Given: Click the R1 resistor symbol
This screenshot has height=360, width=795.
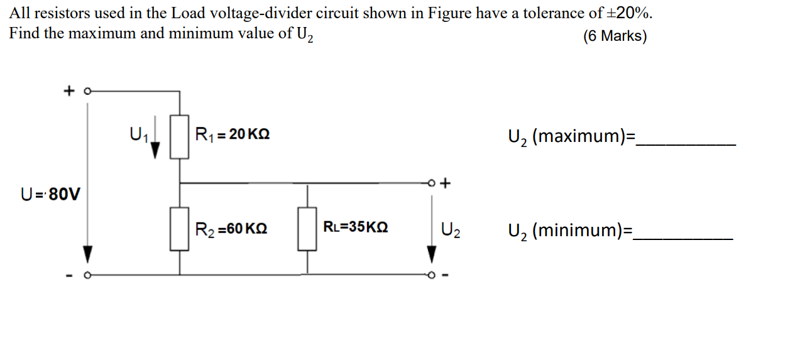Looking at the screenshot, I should click(180, 135).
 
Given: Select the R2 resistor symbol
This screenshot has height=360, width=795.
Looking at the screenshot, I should click(180, 229).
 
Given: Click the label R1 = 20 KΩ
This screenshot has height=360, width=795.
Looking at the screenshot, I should click(233, 134).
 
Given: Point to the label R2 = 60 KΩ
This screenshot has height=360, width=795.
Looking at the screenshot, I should click(231, 229).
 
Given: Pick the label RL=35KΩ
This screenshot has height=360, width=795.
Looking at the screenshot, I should click(355, 227).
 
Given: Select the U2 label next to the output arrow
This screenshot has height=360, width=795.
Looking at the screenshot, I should click(451, 231).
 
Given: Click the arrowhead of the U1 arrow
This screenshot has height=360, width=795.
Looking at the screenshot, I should click(155, 149).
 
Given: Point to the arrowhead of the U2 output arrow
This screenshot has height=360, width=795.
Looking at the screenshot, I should click(431, 254).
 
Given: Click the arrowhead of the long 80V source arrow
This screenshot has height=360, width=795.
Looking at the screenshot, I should click(88, 254).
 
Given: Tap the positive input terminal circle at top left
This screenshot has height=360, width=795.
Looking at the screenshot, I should click(88, 91).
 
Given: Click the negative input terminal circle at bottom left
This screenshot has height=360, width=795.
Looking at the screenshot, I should click(88, 275).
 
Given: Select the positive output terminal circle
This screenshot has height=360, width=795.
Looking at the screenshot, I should click(431, 183).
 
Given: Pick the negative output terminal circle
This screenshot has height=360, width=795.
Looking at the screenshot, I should click(431, 275).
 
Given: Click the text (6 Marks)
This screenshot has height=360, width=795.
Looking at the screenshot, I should click(615, 36).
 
